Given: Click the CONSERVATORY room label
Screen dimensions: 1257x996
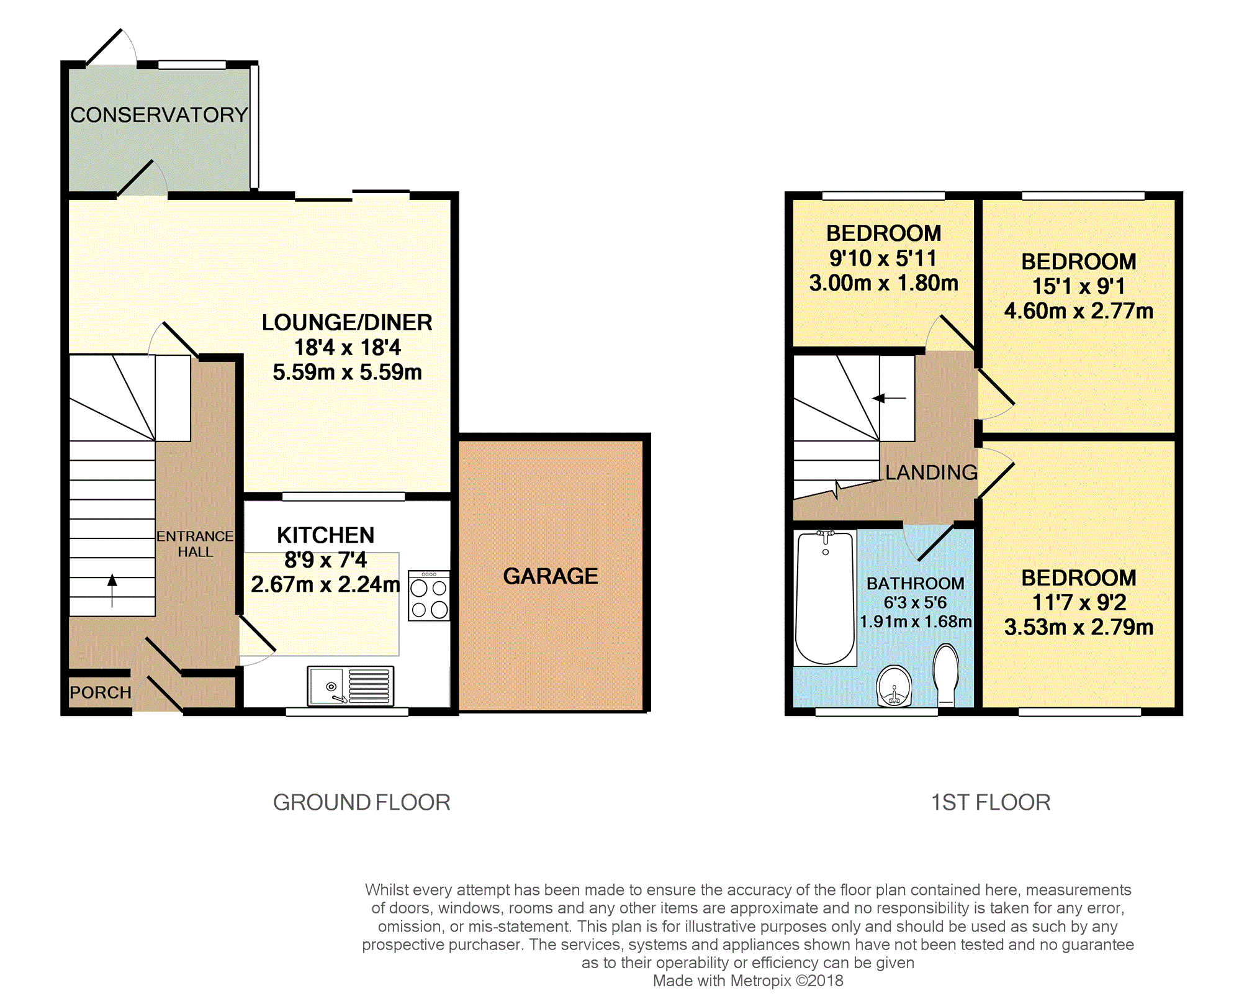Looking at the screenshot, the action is tap(159, 115).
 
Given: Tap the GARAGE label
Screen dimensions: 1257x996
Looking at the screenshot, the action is tap(551, 576).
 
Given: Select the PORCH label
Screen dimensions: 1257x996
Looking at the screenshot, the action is tap(101, 692).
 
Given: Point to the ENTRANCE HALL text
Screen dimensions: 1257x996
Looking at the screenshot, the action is tap(195, 544).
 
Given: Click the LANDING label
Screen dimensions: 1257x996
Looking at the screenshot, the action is tap(931, 473).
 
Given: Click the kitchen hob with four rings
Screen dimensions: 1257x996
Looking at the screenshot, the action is tap(429, 595).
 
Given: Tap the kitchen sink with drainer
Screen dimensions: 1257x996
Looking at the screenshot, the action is tap(351, 686).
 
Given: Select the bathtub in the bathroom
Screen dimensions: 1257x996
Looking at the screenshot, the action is tap(825, 597).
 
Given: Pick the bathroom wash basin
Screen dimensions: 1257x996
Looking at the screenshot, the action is tap(894, 686).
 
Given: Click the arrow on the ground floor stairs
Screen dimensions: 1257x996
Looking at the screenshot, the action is tap(112, 590).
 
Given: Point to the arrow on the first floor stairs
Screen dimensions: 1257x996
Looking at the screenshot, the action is tap(889, 398).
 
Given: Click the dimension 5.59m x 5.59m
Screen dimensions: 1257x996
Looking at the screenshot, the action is tap(347, 372).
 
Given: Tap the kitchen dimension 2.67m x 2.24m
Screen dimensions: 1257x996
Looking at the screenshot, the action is tap(325, 584).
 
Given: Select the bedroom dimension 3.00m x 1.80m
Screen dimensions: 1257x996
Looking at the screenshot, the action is tap(883, 283).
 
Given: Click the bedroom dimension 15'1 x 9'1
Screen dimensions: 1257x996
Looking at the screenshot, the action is tap(1078, 286).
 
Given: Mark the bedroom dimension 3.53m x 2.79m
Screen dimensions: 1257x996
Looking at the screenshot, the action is tap(1079, 627).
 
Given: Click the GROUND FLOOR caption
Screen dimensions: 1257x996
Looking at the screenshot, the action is tap(362, 802).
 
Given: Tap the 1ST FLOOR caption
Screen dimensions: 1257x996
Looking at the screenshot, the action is tap(991, 802).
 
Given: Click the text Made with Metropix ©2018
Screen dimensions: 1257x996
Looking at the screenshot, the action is tap(748, 980).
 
